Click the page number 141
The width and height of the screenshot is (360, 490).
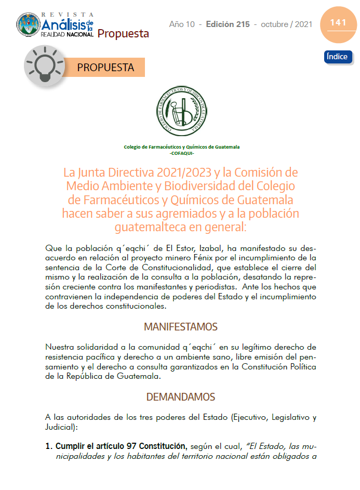coord(338,22)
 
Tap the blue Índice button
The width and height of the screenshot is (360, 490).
coord(338,57)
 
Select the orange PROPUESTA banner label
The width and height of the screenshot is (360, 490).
coord(105,68)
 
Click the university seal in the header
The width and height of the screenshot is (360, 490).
coord(28,24)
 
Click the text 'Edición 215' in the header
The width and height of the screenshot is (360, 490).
coord(228,24)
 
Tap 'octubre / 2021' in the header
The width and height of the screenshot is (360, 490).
coord(287,24)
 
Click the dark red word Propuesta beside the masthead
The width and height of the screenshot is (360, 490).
coord(123,34)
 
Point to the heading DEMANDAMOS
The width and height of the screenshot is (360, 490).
coord(180,397)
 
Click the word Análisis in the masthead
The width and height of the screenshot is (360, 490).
coord(62,25)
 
